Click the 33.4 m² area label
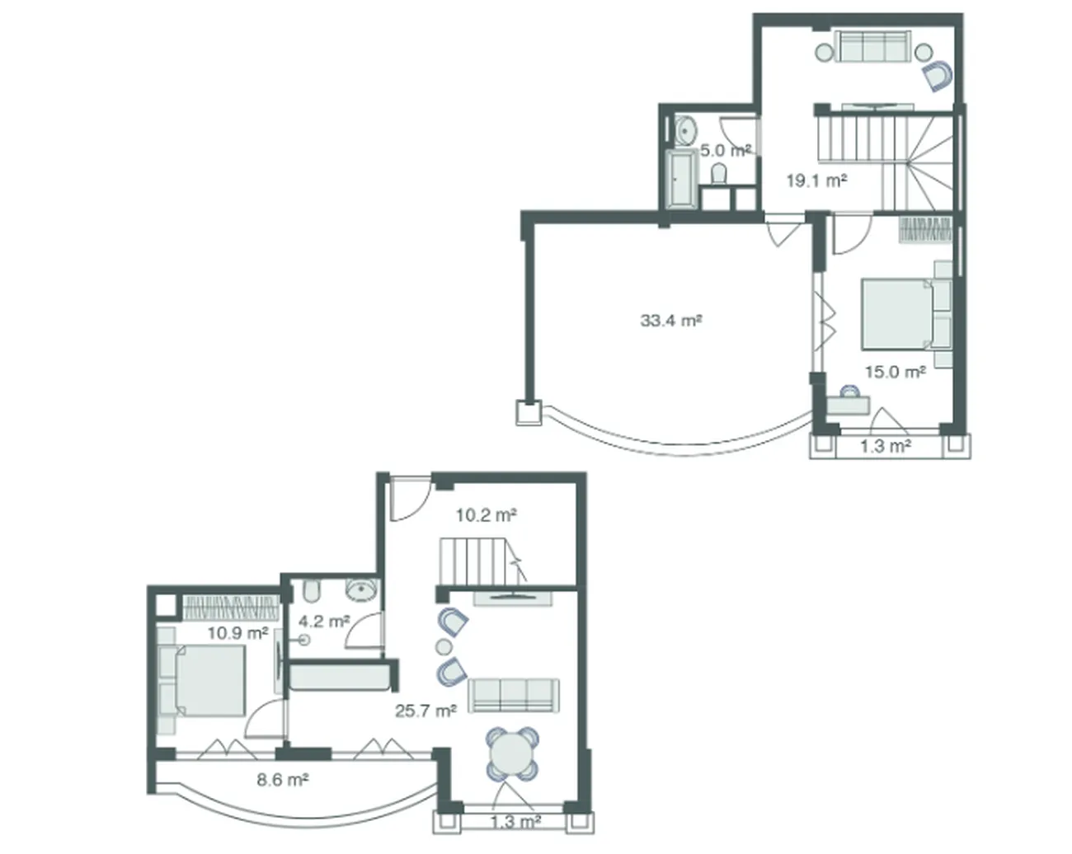pyautogui.click(x=670, y=320)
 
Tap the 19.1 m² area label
pyautogui.click(x=816, y=181)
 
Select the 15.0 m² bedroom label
pyautogui.click(x=896, y=372)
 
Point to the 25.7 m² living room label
pyautogui.click(x=426, y=711)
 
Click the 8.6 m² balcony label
pyautogui.click(x=283, y=779)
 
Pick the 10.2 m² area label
pyautogui.click(x=487, y=515)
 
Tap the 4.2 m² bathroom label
pyautogui.click(x=324, y=621)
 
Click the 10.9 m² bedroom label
pyautogui.click(x=237, y=633)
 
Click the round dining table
pyautogui.click(x=511, y=754)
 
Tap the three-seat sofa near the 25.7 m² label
pyautogui.click(x=513, y=695)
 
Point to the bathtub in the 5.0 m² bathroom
pyautogui.click(x=681, y=178)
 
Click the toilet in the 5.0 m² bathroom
pyautogui.click(x=718, y=174)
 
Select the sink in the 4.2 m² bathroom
pyautogui.click(x=362, y=590)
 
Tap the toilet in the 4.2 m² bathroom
pyautogui.click(x=313, y=591)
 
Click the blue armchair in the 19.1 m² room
pyautogui.click(x=937, y=76)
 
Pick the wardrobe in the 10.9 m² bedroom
pyautogui.click(x=229, y=608)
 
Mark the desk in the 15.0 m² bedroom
pyautogui.click(x=849, y=405)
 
